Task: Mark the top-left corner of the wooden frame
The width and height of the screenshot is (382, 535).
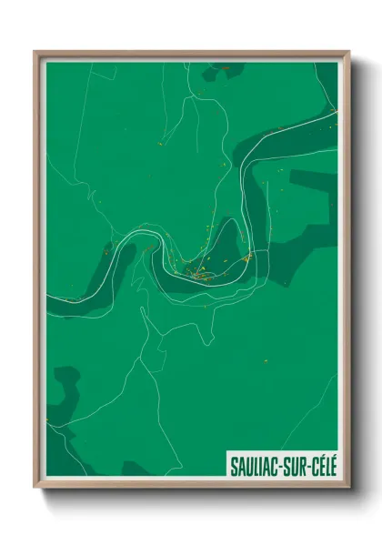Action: (35, 52)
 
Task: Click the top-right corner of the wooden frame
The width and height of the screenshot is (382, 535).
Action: (348, 52)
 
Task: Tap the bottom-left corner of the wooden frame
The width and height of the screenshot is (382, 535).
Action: (35, 487)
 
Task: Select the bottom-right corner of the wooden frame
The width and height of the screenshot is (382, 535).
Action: (348, 487)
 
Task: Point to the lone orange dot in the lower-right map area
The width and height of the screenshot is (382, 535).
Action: (265, 361)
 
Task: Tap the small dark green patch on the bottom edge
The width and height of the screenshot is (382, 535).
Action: (136, 469)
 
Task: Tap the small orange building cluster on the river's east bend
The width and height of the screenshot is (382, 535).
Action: (247, 257)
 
